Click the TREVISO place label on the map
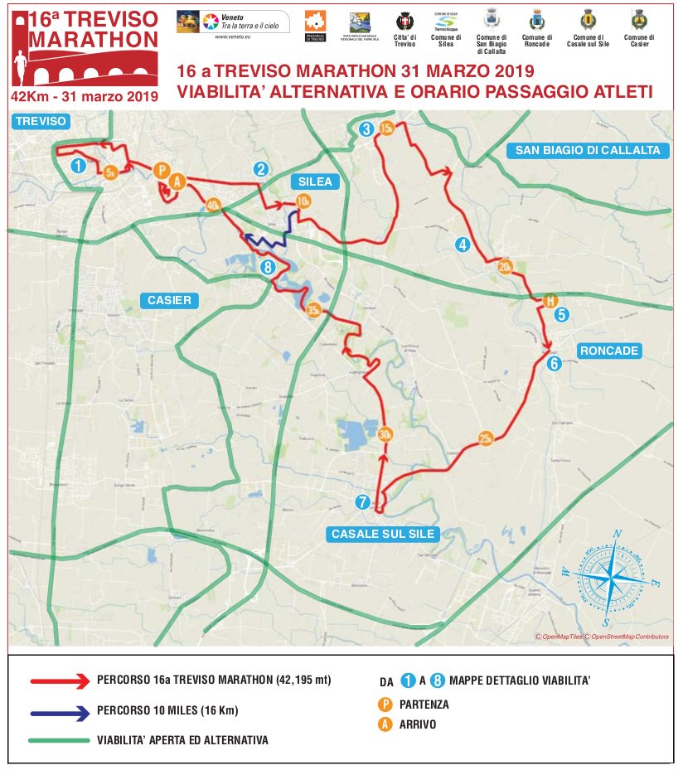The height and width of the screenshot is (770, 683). pos(40,121)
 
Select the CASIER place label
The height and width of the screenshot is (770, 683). pos(169,300)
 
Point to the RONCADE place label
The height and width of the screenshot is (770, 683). pos(609,351)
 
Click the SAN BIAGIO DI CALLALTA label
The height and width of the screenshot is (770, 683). pos(588,150)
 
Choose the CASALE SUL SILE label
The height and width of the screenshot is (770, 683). pos(383,534)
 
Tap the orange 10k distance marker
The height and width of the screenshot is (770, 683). pos(303,201)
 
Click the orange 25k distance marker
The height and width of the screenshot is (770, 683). pos(486,438)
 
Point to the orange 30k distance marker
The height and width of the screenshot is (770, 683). pos(385,434)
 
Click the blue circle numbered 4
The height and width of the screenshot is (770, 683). pos(463,244)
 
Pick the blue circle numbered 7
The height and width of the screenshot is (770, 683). pos(361,501)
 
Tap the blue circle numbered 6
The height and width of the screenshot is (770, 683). pos(554,362)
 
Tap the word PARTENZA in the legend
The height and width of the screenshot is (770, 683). pos(424,705)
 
